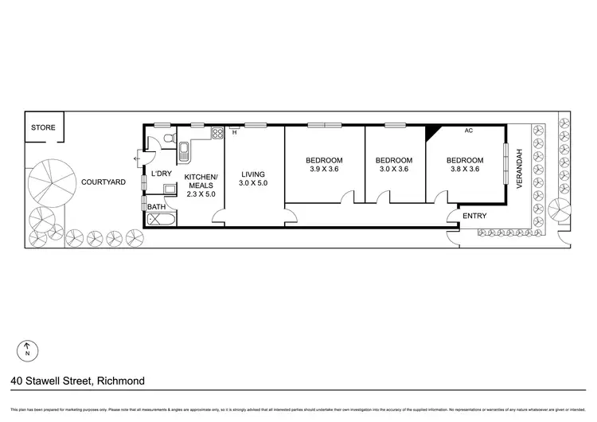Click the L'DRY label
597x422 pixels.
(x=162, y=174)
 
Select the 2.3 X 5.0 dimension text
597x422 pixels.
(x=201, y=193)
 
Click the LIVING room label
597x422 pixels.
(x=253, y=174)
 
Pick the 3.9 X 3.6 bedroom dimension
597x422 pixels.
(x=324, y=170)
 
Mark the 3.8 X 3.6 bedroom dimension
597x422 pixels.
(x=465, y=170)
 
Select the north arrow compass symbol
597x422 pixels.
(x=28, y=348)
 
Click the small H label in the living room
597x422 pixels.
(x=235, y=134)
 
